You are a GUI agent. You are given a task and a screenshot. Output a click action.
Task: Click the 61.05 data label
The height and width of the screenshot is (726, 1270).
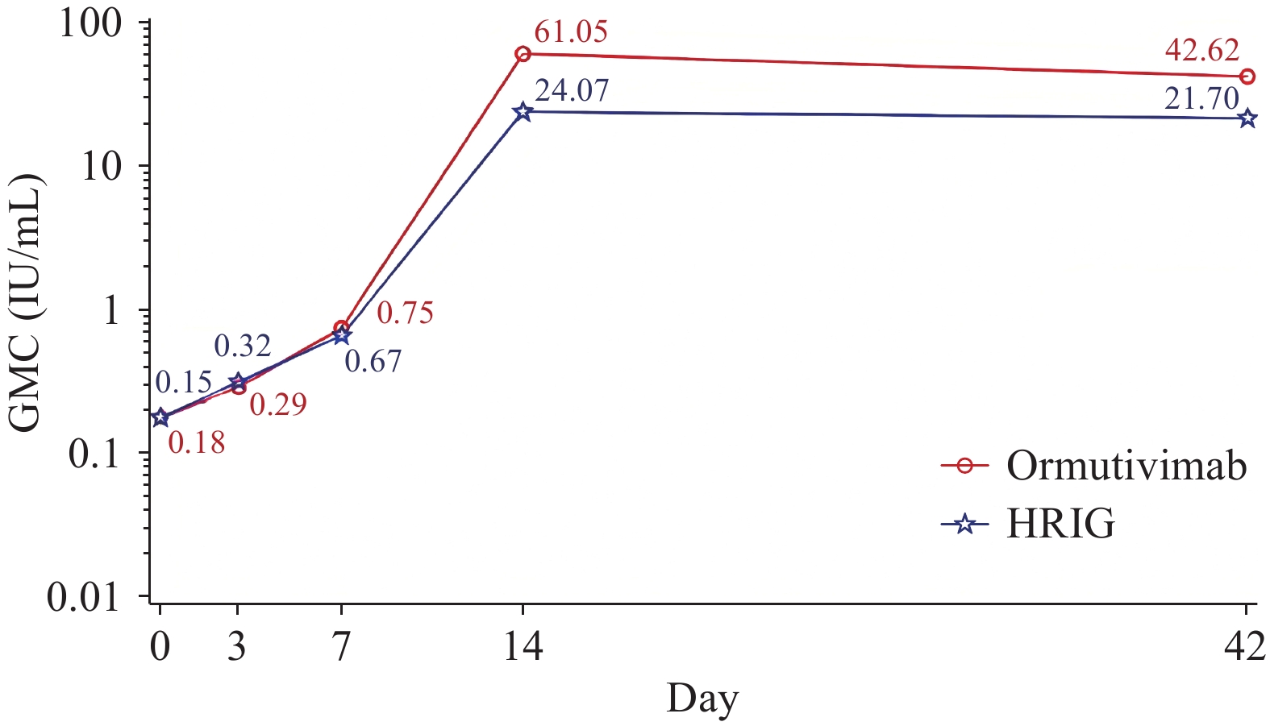[x=571, y=33]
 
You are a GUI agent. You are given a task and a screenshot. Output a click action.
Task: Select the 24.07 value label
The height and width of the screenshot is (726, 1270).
[x=572, y=91]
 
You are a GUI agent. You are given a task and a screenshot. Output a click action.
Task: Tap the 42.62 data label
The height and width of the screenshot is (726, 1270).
[x=1201, y=51]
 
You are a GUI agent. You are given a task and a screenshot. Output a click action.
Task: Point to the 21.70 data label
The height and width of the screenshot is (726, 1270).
[x=1201, y=99]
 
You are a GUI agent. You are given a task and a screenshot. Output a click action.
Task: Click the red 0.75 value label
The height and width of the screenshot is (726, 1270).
[x=405, y=313]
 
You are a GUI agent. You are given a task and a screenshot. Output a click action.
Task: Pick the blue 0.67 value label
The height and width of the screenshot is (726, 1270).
[x=373, y=361]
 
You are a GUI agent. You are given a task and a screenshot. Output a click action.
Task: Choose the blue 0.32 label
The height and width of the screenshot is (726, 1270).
[x=242, y=346]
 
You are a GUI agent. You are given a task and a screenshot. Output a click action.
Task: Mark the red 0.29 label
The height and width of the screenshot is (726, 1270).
[x=278, y=404]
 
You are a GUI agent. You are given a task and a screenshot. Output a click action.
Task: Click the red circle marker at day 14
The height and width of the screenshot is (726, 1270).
[x=523, y=54]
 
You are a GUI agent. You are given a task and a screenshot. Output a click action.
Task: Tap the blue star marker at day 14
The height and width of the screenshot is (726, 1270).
[x=523, y=111]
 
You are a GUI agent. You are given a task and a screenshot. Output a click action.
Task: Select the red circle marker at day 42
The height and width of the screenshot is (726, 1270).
[x=1247, y=77]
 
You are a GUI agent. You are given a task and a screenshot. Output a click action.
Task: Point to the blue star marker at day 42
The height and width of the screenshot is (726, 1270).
[x=1247, y=118]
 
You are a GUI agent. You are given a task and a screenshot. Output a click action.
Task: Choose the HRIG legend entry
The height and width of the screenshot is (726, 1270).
[x=1060, y=525]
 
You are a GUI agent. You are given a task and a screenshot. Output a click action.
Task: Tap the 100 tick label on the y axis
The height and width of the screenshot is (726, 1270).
[x=90, y=23]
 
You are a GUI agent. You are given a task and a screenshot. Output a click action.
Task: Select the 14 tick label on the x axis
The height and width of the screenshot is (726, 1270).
[x=523, y=646]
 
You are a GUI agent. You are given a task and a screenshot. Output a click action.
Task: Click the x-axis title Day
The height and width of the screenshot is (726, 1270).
[x=702, y=698]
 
